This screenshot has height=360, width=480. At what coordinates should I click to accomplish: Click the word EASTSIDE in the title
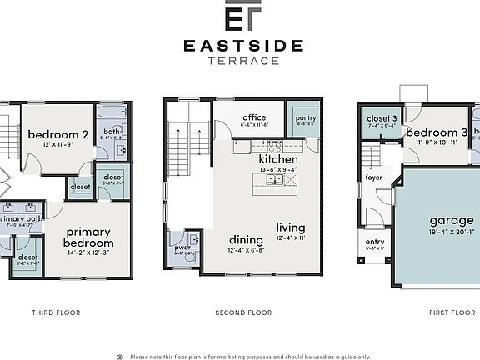pyautogui.click(x=243, y=46)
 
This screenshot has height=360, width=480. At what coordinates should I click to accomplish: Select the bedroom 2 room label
pyautogui.click(x=57, y=134)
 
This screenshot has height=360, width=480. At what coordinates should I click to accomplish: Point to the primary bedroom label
pyautogui.click(x=89, y=237)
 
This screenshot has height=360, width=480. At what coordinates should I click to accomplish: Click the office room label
pyautogui.click(x=254, y=117)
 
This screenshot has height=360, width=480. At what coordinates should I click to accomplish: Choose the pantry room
pyautogui.click(x=306, y=119)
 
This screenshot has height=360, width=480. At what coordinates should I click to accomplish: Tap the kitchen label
pyautogui.click(x=278, y=158)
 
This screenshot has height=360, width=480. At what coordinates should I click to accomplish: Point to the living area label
pyautogui.click(x=291, y=227)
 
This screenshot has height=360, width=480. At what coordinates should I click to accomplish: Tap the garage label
pyautogui.click(x=452, y=221)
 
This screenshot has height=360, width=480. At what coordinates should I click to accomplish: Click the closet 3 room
pyautogui.click(x=382, y=120)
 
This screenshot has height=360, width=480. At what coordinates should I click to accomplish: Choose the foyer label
pyautogui.click(x=374, y=177)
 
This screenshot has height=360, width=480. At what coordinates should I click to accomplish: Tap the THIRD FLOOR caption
pyautogui.click(x=56, y=312)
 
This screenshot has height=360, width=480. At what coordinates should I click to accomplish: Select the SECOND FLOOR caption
pyautogui.click(x=243, y=312)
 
